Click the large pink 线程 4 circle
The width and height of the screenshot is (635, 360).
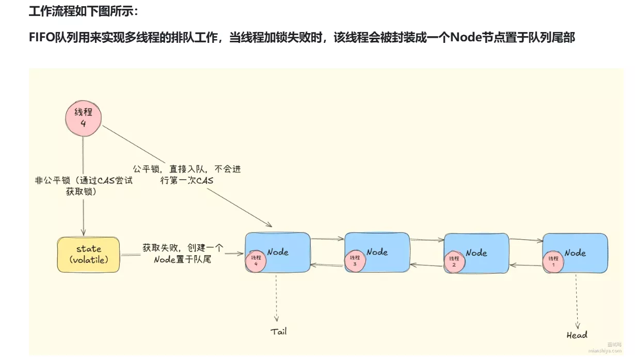[x=83, y=118]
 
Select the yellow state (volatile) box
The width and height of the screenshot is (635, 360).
[x=89, y=254]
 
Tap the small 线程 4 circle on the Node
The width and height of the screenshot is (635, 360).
[x=256, y=261]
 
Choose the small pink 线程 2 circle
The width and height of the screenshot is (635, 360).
[x=454, y=261]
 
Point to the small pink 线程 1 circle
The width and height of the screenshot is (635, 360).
[x=553, y=261]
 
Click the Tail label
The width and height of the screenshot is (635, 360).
[x=278, y=331]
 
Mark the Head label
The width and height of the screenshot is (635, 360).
[x=577, y=335]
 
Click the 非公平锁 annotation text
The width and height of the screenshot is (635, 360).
[x=83, y=186]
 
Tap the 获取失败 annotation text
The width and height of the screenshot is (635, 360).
[x=183, y=254]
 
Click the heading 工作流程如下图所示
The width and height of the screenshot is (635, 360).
[x=83, y=11]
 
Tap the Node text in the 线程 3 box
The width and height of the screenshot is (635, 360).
[x=377, y=252]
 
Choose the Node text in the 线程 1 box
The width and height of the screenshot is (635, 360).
[x=575, y=253]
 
